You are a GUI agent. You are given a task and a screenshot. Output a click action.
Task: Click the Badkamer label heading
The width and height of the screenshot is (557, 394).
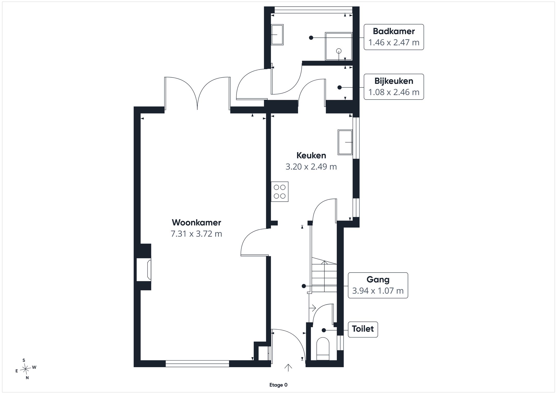coord(394,31)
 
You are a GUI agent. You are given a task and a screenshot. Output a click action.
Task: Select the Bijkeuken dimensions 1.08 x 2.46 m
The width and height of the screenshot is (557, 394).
coord(394,92)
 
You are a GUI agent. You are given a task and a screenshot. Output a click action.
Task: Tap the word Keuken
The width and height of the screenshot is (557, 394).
coord(311,155)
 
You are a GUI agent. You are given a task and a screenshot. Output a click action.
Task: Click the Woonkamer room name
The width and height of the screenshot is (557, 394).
coord(196,223)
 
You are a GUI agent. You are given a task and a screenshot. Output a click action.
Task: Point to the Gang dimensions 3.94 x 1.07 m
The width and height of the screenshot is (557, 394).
coord(378,291)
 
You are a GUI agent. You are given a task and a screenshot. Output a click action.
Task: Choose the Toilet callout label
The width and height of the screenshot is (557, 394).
coord(363,329)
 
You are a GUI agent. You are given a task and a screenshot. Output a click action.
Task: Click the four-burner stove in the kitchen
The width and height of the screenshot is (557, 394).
coord(280,192)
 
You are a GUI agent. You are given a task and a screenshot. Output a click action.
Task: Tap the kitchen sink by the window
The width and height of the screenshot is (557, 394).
coord(345,142)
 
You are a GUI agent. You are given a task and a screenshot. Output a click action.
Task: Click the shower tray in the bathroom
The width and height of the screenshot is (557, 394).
coord(339,46)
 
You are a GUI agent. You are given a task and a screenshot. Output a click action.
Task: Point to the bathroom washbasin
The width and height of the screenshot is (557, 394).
coord(277,35)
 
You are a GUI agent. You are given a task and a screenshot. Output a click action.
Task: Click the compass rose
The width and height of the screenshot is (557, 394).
coord(26,369)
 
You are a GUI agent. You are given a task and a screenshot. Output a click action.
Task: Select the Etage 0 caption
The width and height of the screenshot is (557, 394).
coord(278,385)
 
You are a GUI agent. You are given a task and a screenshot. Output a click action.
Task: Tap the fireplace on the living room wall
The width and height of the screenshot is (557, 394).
coord(144,270)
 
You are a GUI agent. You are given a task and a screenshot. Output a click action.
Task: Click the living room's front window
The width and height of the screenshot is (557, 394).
coord(197,364)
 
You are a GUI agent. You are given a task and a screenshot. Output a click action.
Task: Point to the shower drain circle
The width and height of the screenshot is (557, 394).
coord(339,51)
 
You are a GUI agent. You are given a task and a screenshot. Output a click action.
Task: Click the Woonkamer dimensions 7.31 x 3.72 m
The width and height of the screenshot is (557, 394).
coord(196,234)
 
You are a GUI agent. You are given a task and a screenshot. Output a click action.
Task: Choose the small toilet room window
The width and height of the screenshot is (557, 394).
coord(340,343)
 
